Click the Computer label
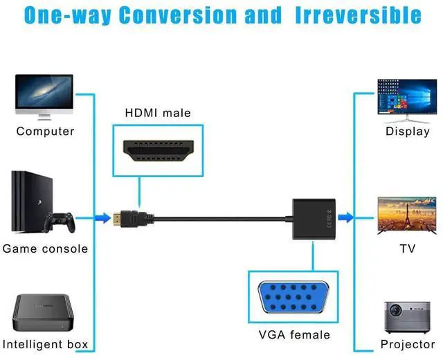coord(45,131)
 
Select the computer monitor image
coord(45,96)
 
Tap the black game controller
coord(59,222)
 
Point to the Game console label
coord(46,249)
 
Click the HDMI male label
coord(158,112)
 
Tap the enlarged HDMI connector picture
coord(158,150)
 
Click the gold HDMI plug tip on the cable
coord(120,219)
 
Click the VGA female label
coord(294,335)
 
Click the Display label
coord(408,131)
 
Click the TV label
coord(407,249)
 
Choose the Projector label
coord(408,344)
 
